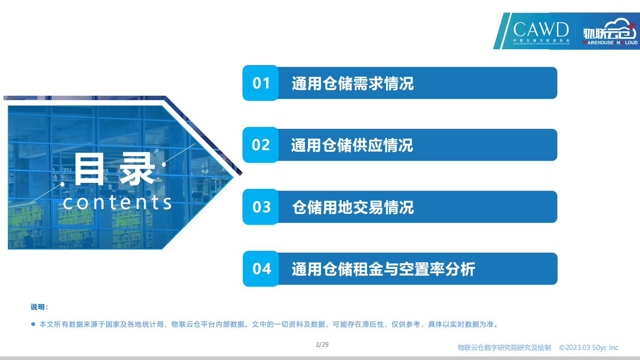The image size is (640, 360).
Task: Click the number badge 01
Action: tap(261, 83)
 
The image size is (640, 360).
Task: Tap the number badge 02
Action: tap(261, 145)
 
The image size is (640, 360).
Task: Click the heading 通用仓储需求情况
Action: tap(352, 84)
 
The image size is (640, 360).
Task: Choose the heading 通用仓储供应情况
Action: tap(352, 145)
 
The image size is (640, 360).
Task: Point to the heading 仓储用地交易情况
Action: tap(352, 207)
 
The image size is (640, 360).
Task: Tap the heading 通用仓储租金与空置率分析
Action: tap(383, 269)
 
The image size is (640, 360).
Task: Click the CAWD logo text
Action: tap(541, 29)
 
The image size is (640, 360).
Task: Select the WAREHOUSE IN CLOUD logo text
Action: tap(610, 42)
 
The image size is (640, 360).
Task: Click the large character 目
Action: tap(89, 170)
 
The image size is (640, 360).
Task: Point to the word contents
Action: tap(117, 203)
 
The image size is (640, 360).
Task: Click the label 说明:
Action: tap(40, 307)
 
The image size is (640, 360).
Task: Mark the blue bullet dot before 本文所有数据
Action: tap(33, 324)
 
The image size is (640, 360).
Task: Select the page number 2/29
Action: tap(322, 345)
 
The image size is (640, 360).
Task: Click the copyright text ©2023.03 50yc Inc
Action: tap(588, 347)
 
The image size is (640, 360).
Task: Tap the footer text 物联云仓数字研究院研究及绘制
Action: tap(504, 347)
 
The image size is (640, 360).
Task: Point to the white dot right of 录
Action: tap(164, 164)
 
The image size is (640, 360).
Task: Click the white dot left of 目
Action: tap(63, 184)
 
